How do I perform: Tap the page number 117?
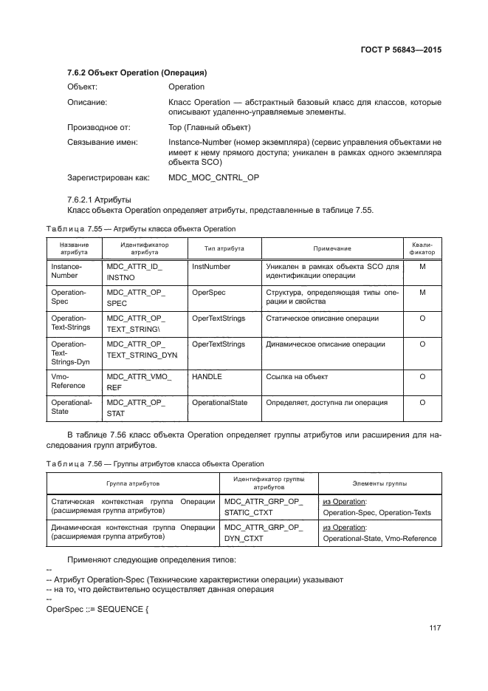point(434,628)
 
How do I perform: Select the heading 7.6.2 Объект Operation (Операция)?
point(137,73)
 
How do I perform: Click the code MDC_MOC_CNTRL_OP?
point(214,177)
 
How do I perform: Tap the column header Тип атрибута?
point(224,248)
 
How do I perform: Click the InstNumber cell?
point(211,266)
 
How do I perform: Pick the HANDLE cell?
point(207,376)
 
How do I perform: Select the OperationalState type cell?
point(220,403)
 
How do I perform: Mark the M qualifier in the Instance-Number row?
point(422,266)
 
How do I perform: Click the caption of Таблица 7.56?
point(154,463)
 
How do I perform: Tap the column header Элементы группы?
point(379,483)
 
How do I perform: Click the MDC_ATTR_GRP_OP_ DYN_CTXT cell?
point(263,533)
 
